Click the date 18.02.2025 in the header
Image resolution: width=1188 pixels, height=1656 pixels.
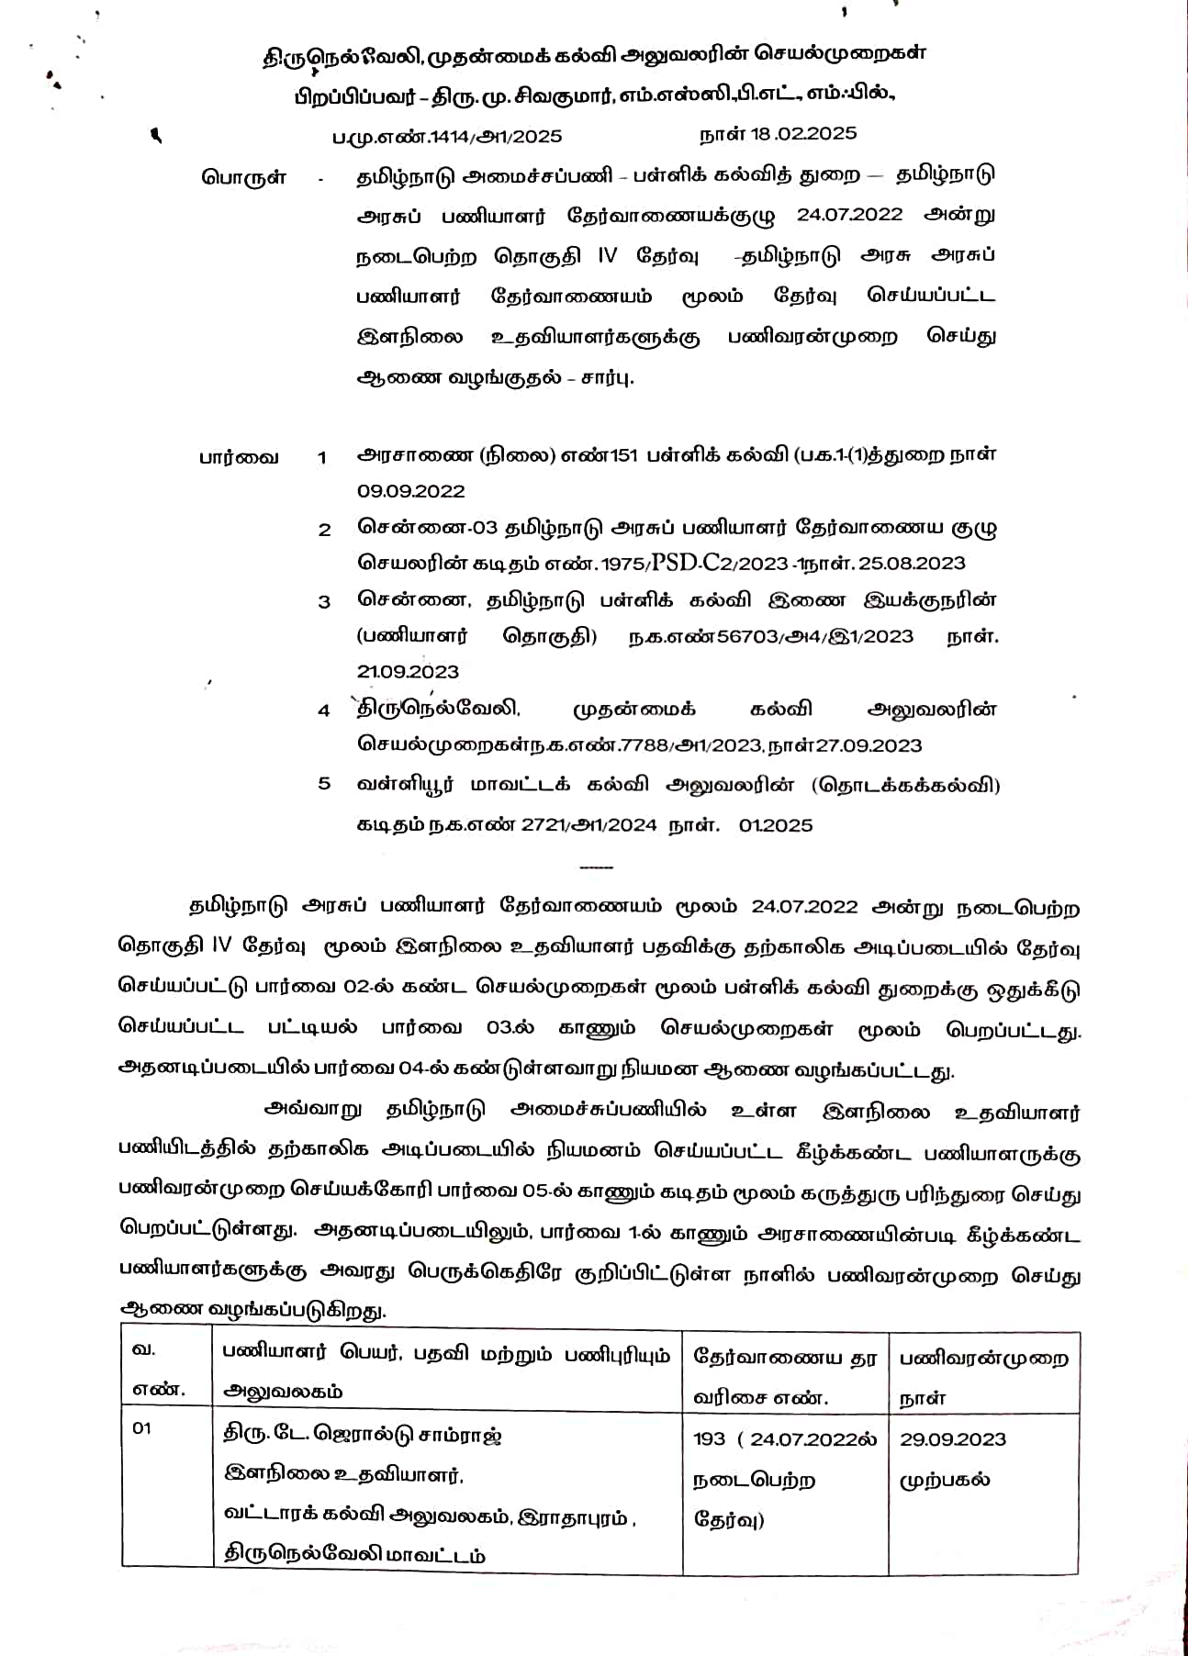[803, 133]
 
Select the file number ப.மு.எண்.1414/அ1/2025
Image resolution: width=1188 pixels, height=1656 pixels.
[447, 137]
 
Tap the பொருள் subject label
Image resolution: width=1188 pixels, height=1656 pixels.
[243, 177]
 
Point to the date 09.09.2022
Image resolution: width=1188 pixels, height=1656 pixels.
[411, 491]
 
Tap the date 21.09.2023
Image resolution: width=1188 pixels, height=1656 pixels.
[408, 672]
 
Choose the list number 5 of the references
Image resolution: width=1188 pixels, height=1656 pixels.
[324, 783]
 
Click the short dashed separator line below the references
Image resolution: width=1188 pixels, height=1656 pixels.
[597, 867]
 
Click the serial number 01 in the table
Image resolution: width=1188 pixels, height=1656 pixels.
[142, 1428]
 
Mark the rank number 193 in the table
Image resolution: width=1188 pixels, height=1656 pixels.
[709, 1438]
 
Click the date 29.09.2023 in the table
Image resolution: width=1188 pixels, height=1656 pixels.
[952, 1438]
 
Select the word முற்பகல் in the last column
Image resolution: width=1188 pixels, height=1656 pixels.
[944, 1480]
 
